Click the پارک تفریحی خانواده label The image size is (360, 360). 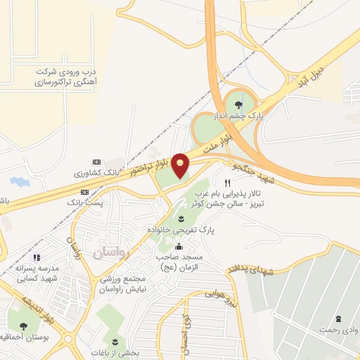pos(181,229)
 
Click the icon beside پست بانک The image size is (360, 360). pos(85,192)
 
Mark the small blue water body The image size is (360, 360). pos(20,181)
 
